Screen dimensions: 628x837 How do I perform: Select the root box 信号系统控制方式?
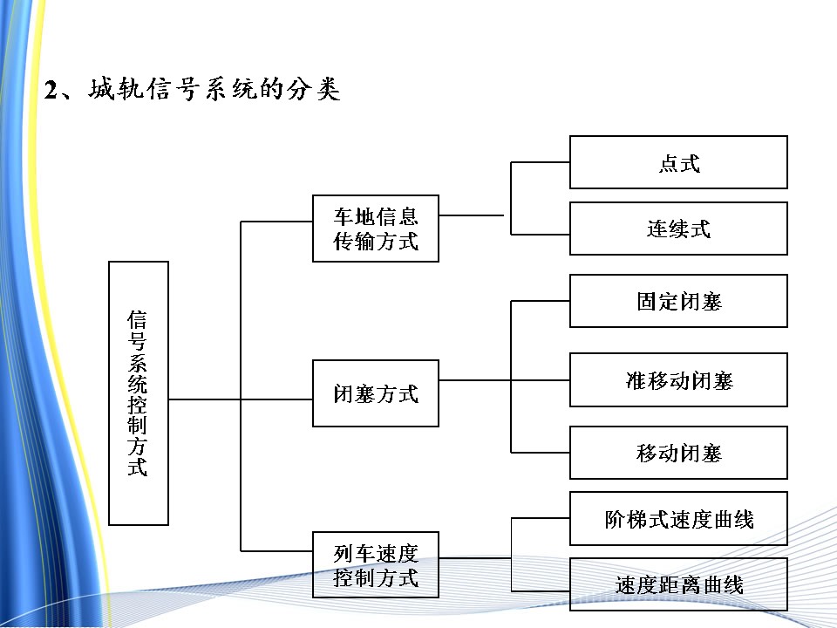click(x=138, y=392)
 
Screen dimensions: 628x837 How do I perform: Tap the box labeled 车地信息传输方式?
click(x=376, y=229)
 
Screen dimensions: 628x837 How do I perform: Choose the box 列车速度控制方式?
click(x=376, y=564)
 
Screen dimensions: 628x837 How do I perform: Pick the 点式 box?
click(x=678, y=162)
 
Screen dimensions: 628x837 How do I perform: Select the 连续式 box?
click(x=678, y=229)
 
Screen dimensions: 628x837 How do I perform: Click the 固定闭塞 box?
click(x=678, y=301)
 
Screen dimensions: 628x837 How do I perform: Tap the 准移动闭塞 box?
click(x=678, y=379)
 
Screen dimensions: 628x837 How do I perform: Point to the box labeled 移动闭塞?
click(x=678, y=453)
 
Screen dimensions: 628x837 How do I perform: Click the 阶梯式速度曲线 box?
click(x=678, y=519)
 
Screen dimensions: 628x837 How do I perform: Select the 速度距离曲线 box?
click(x=678, y=584)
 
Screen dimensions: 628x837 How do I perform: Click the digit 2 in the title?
click(x=51, y=91)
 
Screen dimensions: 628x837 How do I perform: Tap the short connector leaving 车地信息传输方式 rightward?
click(x=471, y=215)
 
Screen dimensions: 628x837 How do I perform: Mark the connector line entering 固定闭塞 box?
click(x=541, y=302)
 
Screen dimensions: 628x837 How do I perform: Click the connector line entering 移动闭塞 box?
click(x=541, y=452)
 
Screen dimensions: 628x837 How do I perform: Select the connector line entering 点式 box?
click(x=541, y=162)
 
